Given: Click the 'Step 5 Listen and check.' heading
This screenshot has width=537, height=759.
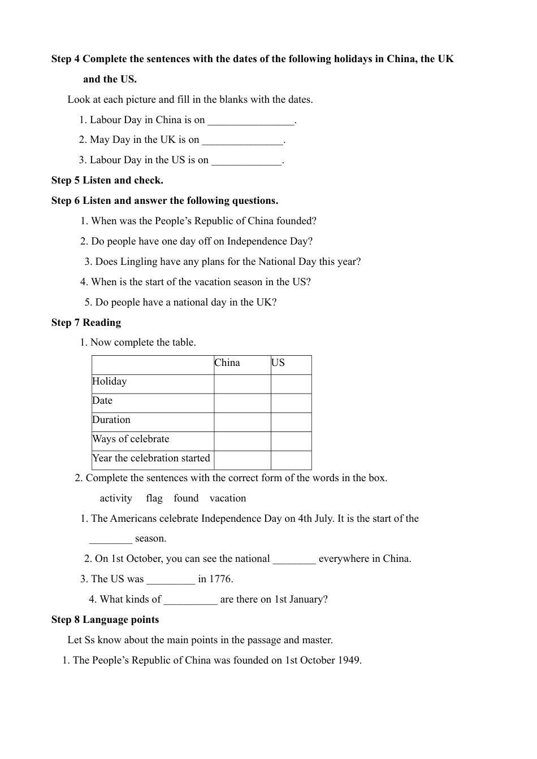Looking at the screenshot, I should [x=107, y=181].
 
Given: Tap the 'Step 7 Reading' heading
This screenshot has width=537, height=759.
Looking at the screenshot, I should [x=86, y=322].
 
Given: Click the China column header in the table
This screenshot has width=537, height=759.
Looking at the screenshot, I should [x=227, y=363].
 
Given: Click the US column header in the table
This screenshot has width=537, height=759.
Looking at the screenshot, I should [x=278, y=363].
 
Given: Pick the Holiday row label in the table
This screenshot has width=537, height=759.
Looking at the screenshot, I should [x=110, y=382].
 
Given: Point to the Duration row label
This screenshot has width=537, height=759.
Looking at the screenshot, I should [x=111, y=420].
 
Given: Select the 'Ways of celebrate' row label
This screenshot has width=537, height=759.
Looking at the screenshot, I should [x=131, y=439].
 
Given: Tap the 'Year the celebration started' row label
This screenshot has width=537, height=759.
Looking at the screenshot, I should [x=151, y=459].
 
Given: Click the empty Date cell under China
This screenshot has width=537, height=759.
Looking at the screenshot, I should [x=242, y=403].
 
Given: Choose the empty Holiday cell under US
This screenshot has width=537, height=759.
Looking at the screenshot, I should [x=291, y=384].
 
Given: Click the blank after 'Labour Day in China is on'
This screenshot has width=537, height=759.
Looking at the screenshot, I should [x=251, y=121].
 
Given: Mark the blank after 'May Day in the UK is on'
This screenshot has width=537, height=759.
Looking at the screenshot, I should [x=242, y=141].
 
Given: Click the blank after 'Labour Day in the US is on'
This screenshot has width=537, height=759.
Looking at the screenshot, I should [x=246, y=162].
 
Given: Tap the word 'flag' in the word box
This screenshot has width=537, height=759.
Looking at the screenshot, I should [x=154, y=499].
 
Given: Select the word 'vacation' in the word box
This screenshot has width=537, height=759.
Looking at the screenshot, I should [x=228, y=499].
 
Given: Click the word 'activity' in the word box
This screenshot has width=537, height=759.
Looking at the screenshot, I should [x=116, y=499].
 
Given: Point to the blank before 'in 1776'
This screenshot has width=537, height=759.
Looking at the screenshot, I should [x=171, y=580].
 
